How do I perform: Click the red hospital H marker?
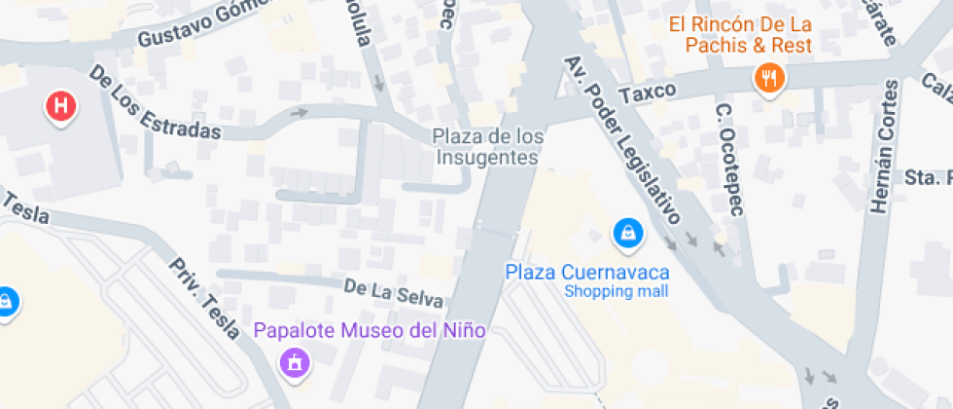(60, 106)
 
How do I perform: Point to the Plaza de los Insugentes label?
(487, 146)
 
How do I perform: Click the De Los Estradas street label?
(155, 102)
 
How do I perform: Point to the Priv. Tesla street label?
(203, 298)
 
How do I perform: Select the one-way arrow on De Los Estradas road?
(300, 113)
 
